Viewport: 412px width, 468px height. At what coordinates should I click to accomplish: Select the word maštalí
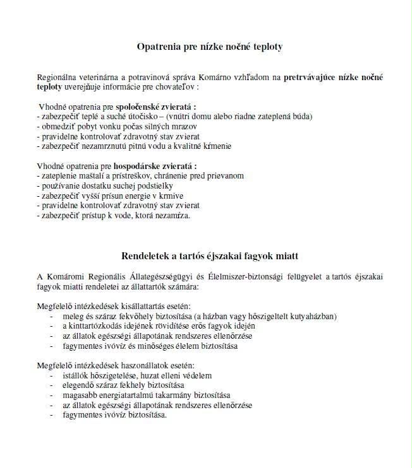[x=90, y=176]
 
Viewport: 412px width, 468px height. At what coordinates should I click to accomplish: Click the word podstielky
[x=153, y=185]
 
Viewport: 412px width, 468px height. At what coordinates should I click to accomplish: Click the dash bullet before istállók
[x=51, y=376]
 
